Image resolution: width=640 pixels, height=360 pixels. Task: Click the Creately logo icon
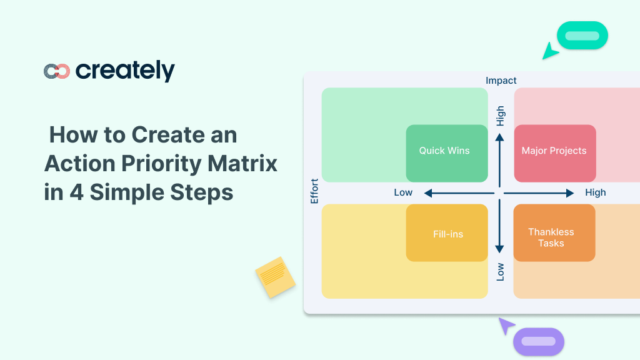point(57,71)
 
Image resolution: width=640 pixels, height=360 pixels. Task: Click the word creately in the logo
point(125,71)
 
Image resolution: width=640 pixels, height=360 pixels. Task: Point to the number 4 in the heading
point(76,192)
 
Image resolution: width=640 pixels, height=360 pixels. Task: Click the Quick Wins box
point(447,154)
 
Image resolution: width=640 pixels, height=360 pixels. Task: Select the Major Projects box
point(555,154)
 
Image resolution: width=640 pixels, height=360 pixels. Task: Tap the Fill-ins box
point(447,232)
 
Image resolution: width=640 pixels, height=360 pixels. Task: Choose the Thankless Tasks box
point(554,232)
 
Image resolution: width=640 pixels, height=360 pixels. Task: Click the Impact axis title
point(501,81)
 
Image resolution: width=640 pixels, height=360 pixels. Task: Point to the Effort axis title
point(314,191)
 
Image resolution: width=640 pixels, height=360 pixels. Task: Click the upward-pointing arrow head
point(499,137)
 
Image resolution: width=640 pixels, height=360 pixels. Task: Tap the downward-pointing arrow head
point(499,249)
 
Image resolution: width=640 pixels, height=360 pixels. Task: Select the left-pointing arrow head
point(428,193)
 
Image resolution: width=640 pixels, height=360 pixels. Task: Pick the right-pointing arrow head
point(570,193)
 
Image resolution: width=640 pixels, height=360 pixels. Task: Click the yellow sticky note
point(276,277)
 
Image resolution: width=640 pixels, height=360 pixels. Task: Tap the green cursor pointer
point(549,52)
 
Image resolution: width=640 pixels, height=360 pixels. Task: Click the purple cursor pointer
point(506,325)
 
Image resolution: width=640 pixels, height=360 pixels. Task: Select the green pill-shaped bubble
point(582,36)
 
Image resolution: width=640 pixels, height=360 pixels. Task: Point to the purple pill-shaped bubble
point(539,342)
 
